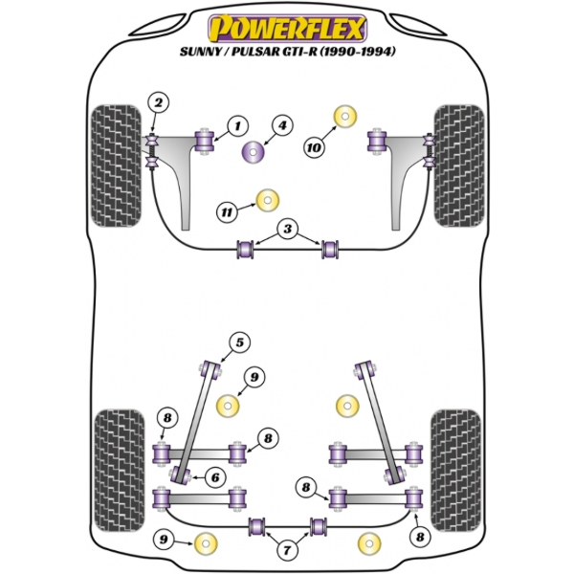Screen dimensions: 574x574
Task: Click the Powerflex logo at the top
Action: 286,21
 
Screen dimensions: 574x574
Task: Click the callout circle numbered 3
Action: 287,228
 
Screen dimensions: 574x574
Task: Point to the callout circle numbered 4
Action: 282,124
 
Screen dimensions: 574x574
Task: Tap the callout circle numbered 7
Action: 286,550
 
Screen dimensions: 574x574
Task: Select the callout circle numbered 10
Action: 314,146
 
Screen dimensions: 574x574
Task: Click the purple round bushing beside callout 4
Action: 254,151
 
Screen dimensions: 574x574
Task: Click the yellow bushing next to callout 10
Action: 342,118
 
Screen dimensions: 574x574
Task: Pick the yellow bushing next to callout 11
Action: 267,201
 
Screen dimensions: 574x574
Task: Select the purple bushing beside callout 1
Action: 204,140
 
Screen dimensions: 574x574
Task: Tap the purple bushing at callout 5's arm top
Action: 212,365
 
